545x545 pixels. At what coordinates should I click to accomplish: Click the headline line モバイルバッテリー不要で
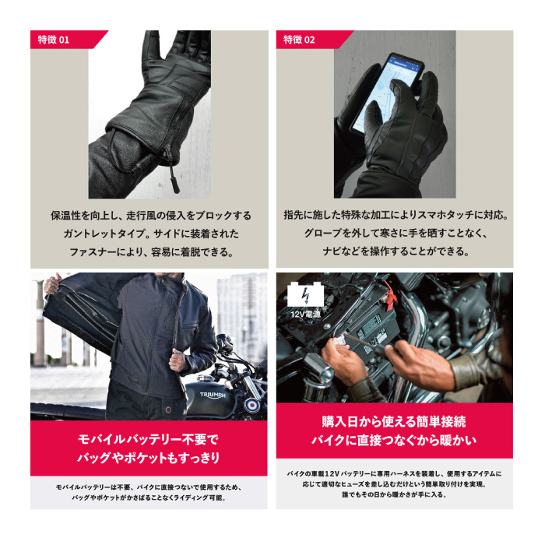[147, 438]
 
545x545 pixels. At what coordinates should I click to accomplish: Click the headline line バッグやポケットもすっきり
[147, 457]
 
